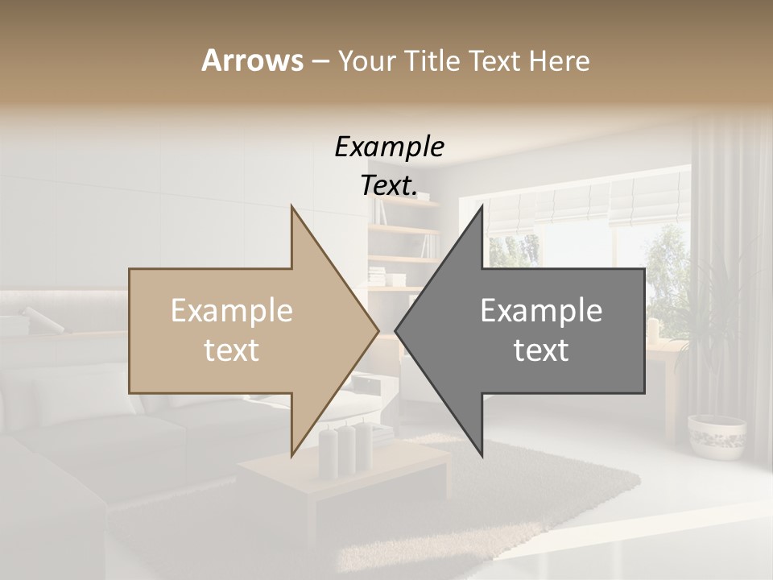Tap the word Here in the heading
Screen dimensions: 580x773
560,60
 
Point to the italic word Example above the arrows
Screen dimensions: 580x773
389,147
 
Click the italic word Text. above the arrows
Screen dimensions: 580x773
389,185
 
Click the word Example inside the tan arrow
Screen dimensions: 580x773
232,311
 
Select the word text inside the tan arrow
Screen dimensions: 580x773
232,350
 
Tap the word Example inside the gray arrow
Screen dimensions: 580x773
541,311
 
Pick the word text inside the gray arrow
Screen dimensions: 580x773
541,350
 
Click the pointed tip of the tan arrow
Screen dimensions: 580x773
378,330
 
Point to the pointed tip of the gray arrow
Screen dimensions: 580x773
396,330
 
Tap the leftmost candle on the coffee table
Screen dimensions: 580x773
328,454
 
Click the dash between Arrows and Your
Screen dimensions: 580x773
320,62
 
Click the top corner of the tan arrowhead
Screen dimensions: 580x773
292,207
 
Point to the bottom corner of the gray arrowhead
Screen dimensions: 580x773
482,456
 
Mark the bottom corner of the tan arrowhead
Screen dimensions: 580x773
292,455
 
